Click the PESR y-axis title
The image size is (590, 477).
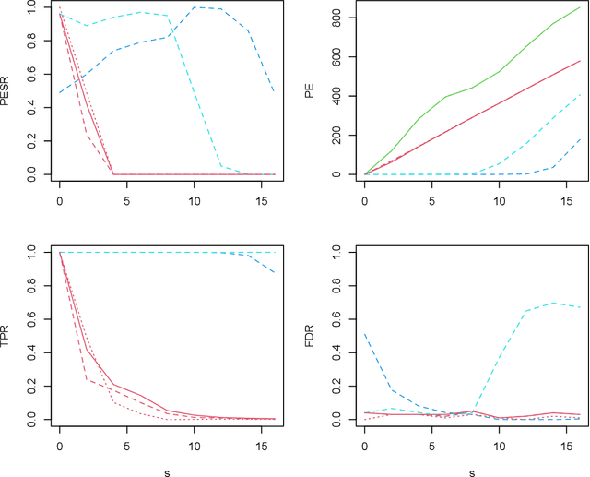click(x=7, y=90)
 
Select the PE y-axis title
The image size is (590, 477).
click(x=313, y=90)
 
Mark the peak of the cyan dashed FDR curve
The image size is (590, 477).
click(x=553, y=303)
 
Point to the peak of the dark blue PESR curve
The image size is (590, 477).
click(x=194, y=7)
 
